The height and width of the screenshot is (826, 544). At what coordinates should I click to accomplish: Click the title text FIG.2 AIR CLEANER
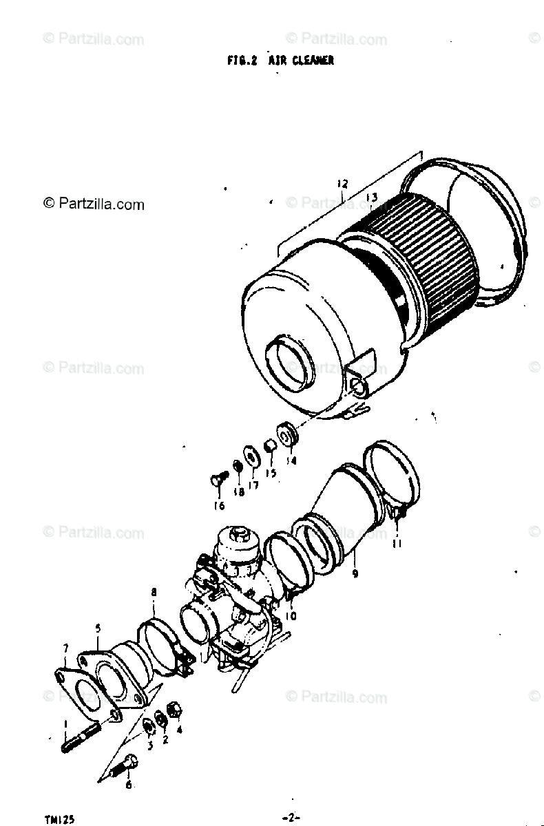pyautogui.click(x=280, y=61)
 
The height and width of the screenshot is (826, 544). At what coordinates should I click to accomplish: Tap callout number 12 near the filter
pyautogui.click(x=342, y=184)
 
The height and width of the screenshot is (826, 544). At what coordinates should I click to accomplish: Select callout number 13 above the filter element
pyautogui.click(x=371, y=198)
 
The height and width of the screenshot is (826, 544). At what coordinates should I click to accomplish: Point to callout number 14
pyautogui.click(x=291, y=461)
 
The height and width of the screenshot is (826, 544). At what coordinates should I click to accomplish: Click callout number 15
pyautogui.click(x=271, y=473)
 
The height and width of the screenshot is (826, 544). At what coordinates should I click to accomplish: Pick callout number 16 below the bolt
pyautogui.click(x=219, y=506)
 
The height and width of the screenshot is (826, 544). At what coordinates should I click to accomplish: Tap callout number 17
pyautogui.click(x=253, y=485)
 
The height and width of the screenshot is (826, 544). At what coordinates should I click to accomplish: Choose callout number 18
pyautogui.click(x=238, y=492)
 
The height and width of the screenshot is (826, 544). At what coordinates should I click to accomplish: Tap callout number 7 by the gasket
pyautogui.click(x=65, y=648)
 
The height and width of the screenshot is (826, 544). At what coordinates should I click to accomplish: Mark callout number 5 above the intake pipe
pyautogui.click(x=98, y=627)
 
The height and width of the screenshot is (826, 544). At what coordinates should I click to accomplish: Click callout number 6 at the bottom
pyautogui.click(x=129, y=783)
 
